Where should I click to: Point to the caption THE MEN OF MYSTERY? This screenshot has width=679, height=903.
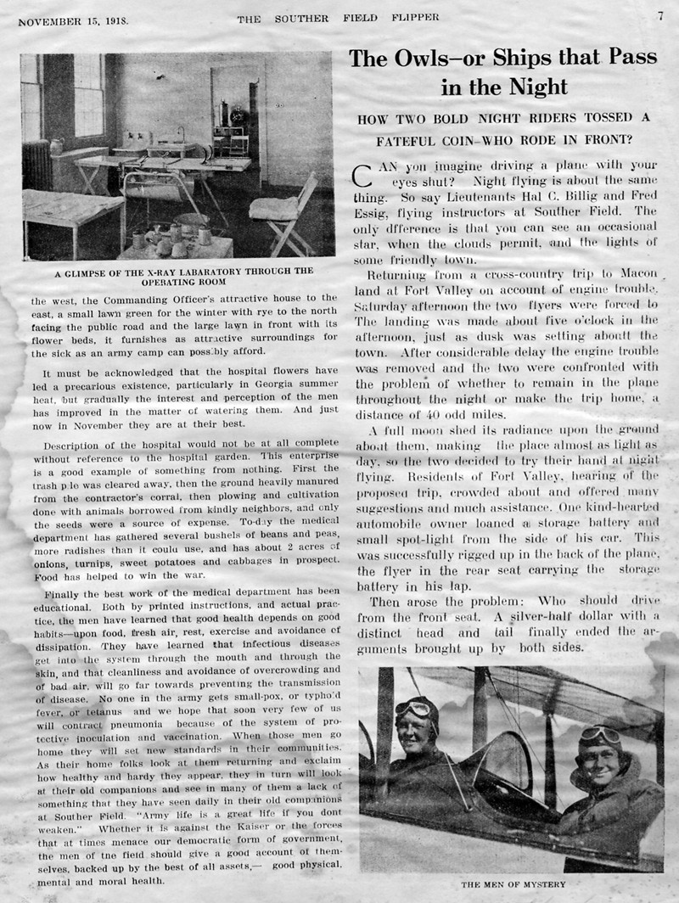pyautogui.click(x=512, y=883)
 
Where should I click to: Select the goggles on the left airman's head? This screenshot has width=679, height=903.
pyautogui.click(x=414, y=708)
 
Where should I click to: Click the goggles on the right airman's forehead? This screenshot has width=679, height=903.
pyautogui.click(x=601, y=734)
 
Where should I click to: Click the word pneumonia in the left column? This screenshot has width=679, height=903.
pyautogui.click(x=140, y=725)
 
